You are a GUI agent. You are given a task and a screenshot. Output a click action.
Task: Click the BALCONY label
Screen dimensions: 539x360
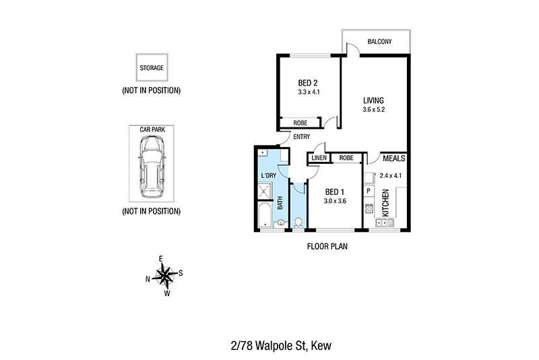click(x=379, y=42)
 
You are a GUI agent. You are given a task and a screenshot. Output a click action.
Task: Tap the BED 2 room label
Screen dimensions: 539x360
click(x=308, y=83)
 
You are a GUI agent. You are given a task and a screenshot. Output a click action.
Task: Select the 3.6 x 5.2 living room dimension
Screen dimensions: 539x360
click(x=373, y=110)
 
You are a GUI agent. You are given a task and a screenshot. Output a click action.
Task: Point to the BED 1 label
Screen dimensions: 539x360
click(x=334, y=192)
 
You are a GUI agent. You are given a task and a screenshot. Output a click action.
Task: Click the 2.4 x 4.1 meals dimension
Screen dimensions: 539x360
click(x=391, y=175)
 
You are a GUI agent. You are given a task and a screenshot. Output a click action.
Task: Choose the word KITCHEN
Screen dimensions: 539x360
click(x=385, y=203)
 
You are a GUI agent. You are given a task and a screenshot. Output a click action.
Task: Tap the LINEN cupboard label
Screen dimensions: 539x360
click(x=319, y=158)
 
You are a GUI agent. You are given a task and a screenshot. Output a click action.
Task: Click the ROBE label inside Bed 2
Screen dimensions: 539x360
click(x=300, y=123)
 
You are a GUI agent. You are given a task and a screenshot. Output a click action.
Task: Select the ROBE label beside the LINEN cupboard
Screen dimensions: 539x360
click(x=346, y=158)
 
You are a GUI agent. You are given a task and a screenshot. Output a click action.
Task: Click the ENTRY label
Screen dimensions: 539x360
click(x=301, y=137)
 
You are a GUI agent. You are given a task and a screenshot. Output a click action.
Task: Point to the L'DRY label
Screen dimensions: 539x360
click(x=268, y=176)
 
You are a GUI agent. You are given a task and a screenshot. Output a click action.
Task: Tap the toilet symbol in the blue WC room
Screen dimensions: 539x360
click(x=298, y=222)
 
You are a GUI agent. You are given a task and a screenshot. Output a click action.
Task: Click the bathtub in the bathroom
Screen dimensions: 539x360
click(x=265, y=215)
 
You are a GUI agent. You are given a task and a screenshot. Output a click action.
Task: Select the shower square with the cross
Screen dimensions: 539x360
click(x=265, y=191)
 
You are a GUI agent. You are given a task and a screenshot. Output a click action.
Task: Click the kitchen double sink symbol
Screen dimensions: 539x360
click(x=385, y=222)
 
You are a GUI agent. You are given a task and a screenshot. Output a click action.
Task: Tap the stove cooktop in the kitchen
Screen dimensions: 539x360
click(x=369, y=208)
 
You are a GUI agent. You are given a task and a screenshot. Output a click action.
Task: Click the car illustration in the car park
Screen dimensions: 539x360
click(x=152, y=167)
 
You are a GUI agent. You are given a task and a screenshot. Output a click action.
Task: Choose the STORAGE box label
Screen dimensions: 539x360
click(x=152, y=67)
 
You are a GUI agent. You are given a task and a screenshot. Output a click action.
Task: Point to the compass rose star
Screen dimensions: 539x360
click(x=165, y=276)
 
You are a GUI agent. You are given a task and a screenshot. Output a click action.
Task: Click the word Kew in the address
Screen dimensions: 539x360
click(x=321, y=346)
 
